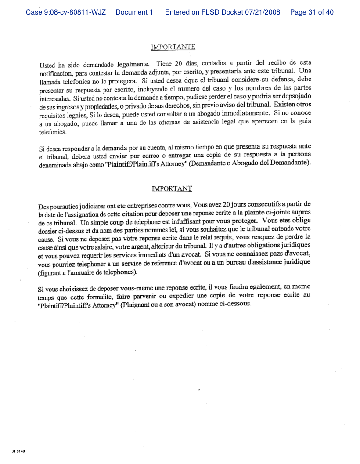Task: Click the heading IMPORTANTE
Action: (x=173, y=47)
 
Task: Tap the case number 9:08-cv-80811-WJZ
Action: (x=67, y=12)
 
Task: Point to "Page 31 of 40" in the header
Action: (x=312, y=12)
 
